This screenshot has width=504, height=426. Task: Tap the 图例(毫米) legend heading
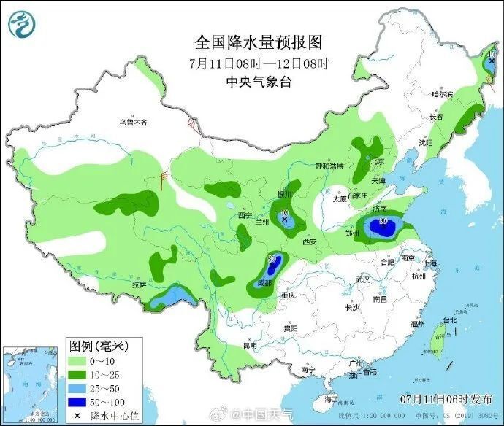click(97, 344)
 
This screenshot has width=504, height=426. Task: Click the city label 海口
click(331, 399)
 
